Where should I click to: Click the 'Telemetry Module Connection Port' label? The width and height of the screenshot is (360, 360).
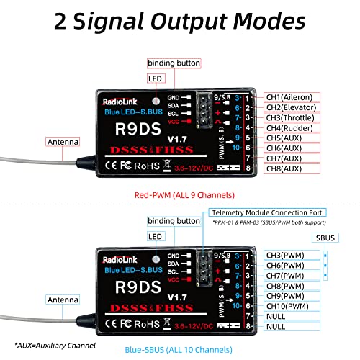click(x=267, y=213)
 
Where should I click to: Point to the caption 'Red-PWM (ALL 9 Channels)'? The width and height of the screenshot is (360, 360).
click(x=181, y=194)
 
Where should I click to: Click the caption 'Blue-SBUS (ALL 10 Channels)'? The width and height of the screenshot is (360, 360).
click(x=181, y=331)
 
